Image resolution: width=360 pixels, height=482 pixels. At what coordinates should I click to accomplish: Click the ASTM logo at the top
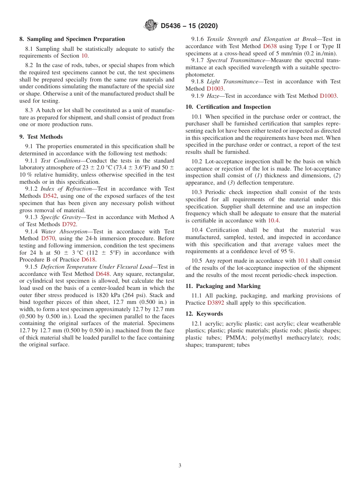pyautogui.click(x=151, y=26)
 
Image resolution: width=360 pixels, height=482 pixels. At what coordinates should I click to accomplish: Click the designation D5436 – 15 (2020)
pyautogui.click(x=189, y=26)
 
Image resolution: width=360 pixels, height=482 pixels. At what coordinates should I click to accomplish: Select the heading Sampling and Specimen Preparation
pyautogui.click(x=72, y=39)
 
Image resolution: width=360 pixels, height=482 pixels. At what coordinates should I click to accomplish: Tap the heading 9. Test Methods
pyautogui.click(x=41, y=137)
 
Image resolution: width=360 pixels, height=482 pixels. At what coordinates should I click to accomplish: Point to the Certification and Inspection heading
pyautogui.click(x=228, y=107)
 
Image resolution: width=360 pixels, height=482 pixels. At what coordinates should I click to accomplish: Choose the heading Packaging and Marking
pyautogui.click(x=223, y=286)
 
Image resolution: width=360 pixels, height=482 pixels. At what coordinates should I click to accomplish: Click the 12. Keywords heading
pyautogui.click(x=204, y=314)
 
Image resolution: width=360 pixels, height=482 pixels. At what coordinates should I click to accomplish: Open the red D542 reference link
pyautogui.click(x=50, y=196)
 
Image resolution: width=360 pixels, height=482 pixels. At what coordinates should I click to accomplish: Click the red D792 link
pyautogui.click(x=69, y=224)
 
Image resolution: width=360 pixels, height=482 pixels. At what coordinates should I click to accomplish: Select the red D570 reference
pyautogui.click(x=48, y=238)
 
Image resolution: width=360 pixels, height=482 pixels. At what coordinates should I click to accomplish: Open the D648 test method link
pyautogui.click(x=103, y=274)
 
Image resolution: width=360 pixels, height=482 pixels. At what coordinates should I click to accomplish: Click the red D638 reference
pyautogui.click(x=270, y=46)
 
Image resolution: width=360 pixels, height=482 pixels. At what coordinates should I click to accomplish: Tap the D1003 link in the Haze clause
pyautogui.click(x=328, y=96)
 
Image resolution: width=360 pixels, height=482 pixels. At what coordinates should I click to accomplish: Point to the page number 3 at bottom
pyautogui.click(x=180, y=466)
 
